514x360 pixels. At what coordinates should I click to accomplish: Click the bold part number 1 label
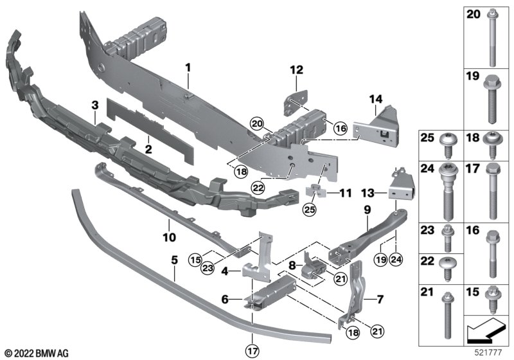(x=188, y=68)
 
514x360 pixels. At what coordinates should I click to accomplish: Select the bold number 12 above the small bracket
(x=296, y=70)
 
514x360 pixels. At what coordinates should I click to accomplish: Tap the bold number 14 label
(x=376, y=99)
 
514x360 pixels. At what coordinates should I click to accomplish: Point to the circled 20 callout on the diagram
(x=257, y=124)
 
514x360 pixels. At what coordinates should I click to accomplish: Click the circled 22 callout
(x=258, y=188)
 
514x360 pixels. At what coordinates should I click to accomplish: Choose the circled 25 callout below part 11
(x=310, y=209)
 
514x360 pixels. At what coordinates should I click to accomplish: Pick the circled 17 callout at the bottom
(x=252, y=351)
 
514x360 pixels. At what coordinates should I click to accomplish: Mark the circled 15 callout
(x=195, y=260)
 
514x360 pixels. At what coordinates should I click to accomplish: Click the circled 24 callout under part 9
(x=396, y=260)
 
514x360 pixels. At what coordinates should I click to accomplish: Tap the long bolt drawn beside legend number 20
(x=492, y=38)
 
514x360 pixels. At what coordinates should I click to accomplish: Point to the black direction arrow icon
(x=484, y=330)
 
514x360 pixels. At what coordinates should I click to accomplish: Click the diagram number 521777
(x=488, y=352)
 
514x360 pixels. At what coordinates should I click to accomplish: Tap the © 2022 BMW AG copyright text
(x=37, y=354)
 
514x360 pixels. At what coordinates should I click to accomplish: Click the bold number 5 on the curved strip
(x=174, y=260)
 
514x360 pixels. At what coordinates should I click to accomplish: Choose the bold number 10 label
(x=169, y=237)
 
